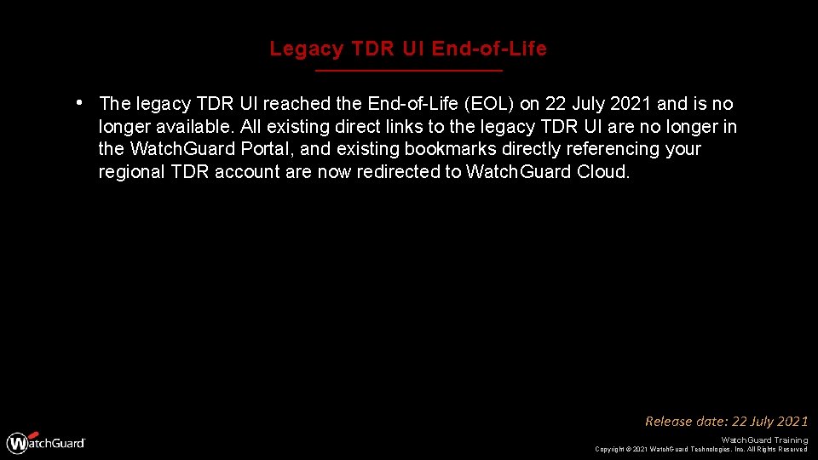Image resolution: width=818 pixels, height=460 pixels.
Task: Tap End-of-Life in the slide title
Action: [489, 49]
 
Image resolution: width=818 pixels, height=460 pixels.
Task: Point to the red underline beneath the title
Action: [409, 70]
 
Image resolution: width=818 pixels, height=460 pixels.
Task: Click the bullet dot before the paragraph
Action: [78, 103]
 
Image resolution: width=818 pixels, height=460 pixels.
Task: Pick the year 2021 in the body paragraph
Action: [625, 104]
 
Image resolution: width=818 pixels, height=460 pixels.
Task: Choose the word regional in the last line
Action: [130, 171]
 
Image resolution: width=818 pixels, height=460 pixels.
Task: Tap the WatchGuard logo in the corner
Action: [46, 443]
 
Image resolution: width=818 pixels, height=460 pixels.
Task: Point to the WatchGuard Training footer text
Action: [763, 440]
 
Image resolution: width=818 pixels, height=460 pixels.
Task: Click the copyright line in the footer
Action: [700, 449]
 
